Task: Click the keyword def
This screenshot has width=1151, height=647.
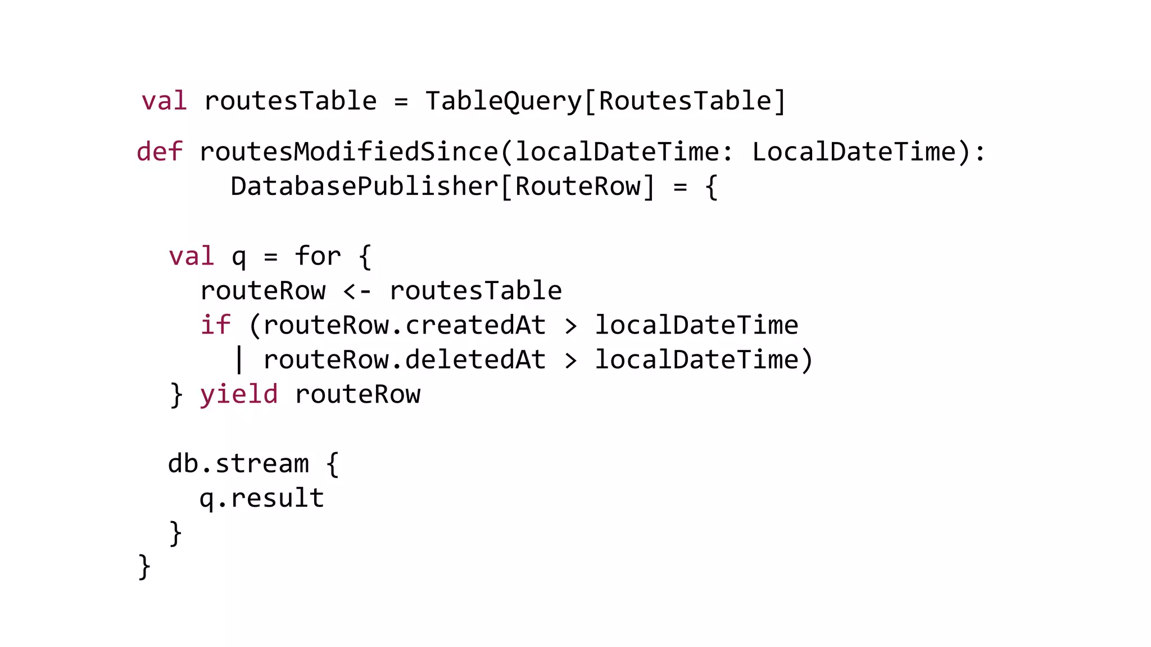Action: [160, 152]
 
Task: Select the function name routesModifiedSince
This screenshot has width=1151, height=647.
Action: [349, 152]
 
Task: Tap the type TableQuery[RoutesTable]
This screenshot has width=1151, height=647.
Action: [605, 102]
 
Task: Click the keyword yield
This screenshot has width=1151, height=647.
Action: [239, 394]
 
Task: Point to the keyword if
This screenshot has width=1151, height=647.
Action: [215, 325]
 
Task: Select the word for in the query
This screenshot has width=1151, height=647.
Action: [318, 257]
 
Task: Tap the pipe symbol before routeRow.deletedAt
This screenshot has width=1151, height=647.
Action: [239, 360]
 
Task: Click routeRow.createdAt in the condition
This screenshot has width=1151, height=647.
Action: [404, 325]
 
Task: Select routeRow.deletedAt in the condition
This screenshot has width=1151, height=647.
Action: [404, 360]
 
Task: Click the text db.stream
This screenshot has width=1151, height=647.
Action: [238, 464]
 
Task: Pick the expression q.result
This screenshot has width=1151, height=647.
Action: [262, 498]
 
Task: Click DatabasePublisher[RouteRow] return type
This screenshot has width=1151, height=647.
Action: [443, 186]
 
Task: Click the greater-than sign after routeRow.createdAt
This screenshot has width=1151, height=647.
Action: [570, 326]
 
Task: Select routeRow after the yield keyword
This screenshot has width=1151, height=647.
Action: [357, 394]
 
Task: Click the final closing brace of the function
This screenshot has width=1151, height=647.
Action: [144, 566]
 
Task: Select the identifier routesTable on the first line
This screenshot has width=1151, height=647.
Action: [290, 102]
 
